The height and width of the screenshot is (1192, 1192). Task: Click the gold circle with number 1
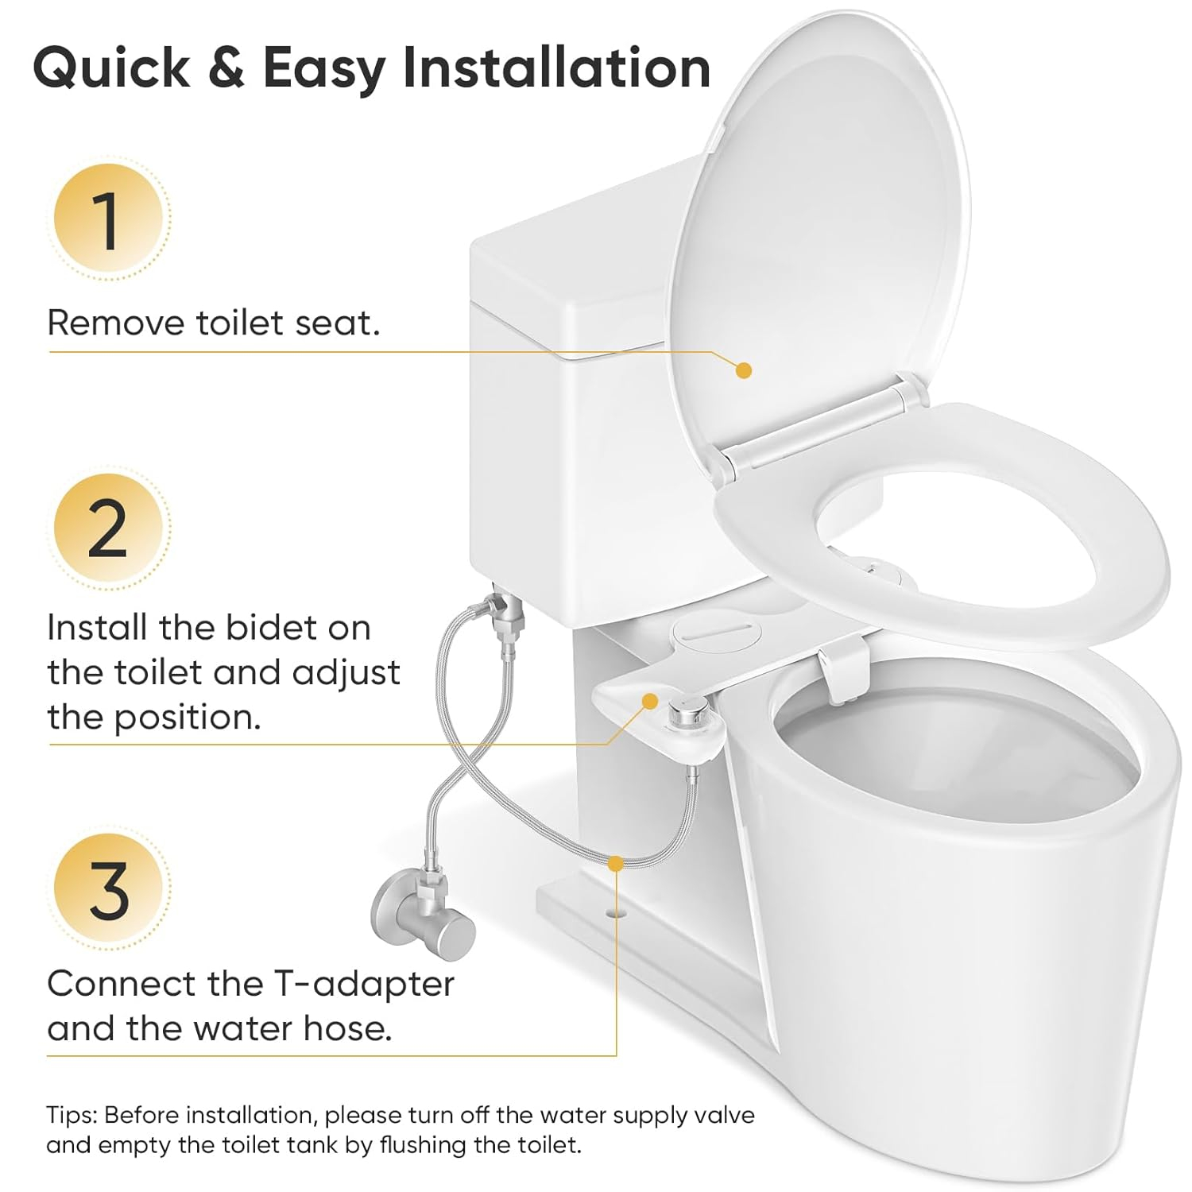tap(108, 219)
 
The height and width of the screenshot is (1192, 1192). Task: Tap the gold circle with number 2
tap(108, 528)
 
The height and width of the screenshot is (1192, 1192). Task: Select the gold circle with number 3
tap(108, 889)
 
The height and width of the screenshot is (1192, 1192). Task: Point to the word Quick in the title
tap(111, 69)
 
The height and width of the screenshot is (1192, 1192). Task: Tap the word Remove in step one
tap(115, 323)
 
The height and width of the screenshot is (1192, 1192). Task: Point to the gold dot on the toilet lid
tap(744, 370)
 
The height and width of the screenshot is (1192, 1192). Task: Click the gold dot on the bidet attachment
tap(650, 701)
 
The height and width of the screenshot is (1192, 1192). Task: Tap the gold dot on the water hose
tap(615, 863)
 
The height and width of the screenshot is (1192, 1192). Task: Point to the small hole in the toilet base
tap(613, 913)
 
